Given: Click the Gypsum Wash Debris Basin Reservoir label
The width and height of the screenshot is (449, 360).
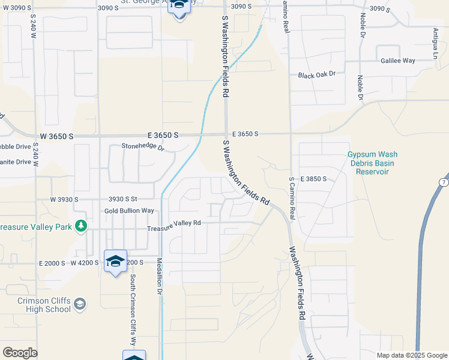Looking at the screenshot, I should [372, 163].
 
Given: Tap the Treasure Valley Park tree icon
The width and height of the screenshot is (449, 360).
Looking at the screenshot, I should [79, 226].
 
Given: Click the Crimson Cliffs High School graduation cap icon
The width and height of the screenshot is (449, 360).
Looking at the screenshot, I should [80, 305].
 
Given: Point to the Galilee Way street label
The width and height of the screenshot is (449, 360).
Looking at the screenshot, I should [397, 61].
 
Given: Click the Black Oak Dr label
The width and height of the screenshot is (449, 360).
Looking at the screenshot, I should [316, 74].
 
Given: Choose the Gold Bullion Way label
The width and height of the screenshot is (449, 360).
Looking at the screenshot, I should [129, 211].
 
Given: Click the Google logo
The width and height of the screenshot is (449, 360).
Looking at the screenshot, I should [20, 353].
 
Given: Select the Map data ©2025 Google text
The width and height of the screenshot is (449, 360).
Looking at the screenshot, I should [411, 355].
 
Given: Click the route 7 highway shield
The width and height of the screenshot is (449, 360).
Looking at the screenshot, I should [443, 182].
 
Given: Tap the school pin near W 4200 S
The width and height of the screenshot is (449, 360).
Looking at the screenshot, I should [115, 262].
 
